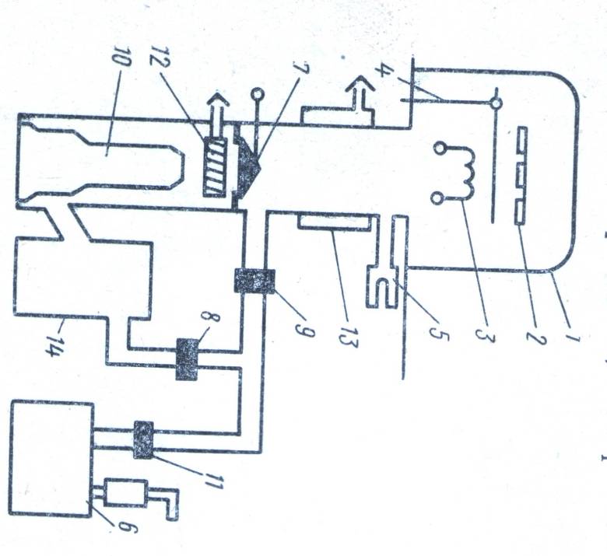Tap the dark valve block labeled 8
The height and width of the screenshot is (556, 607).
188,359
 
